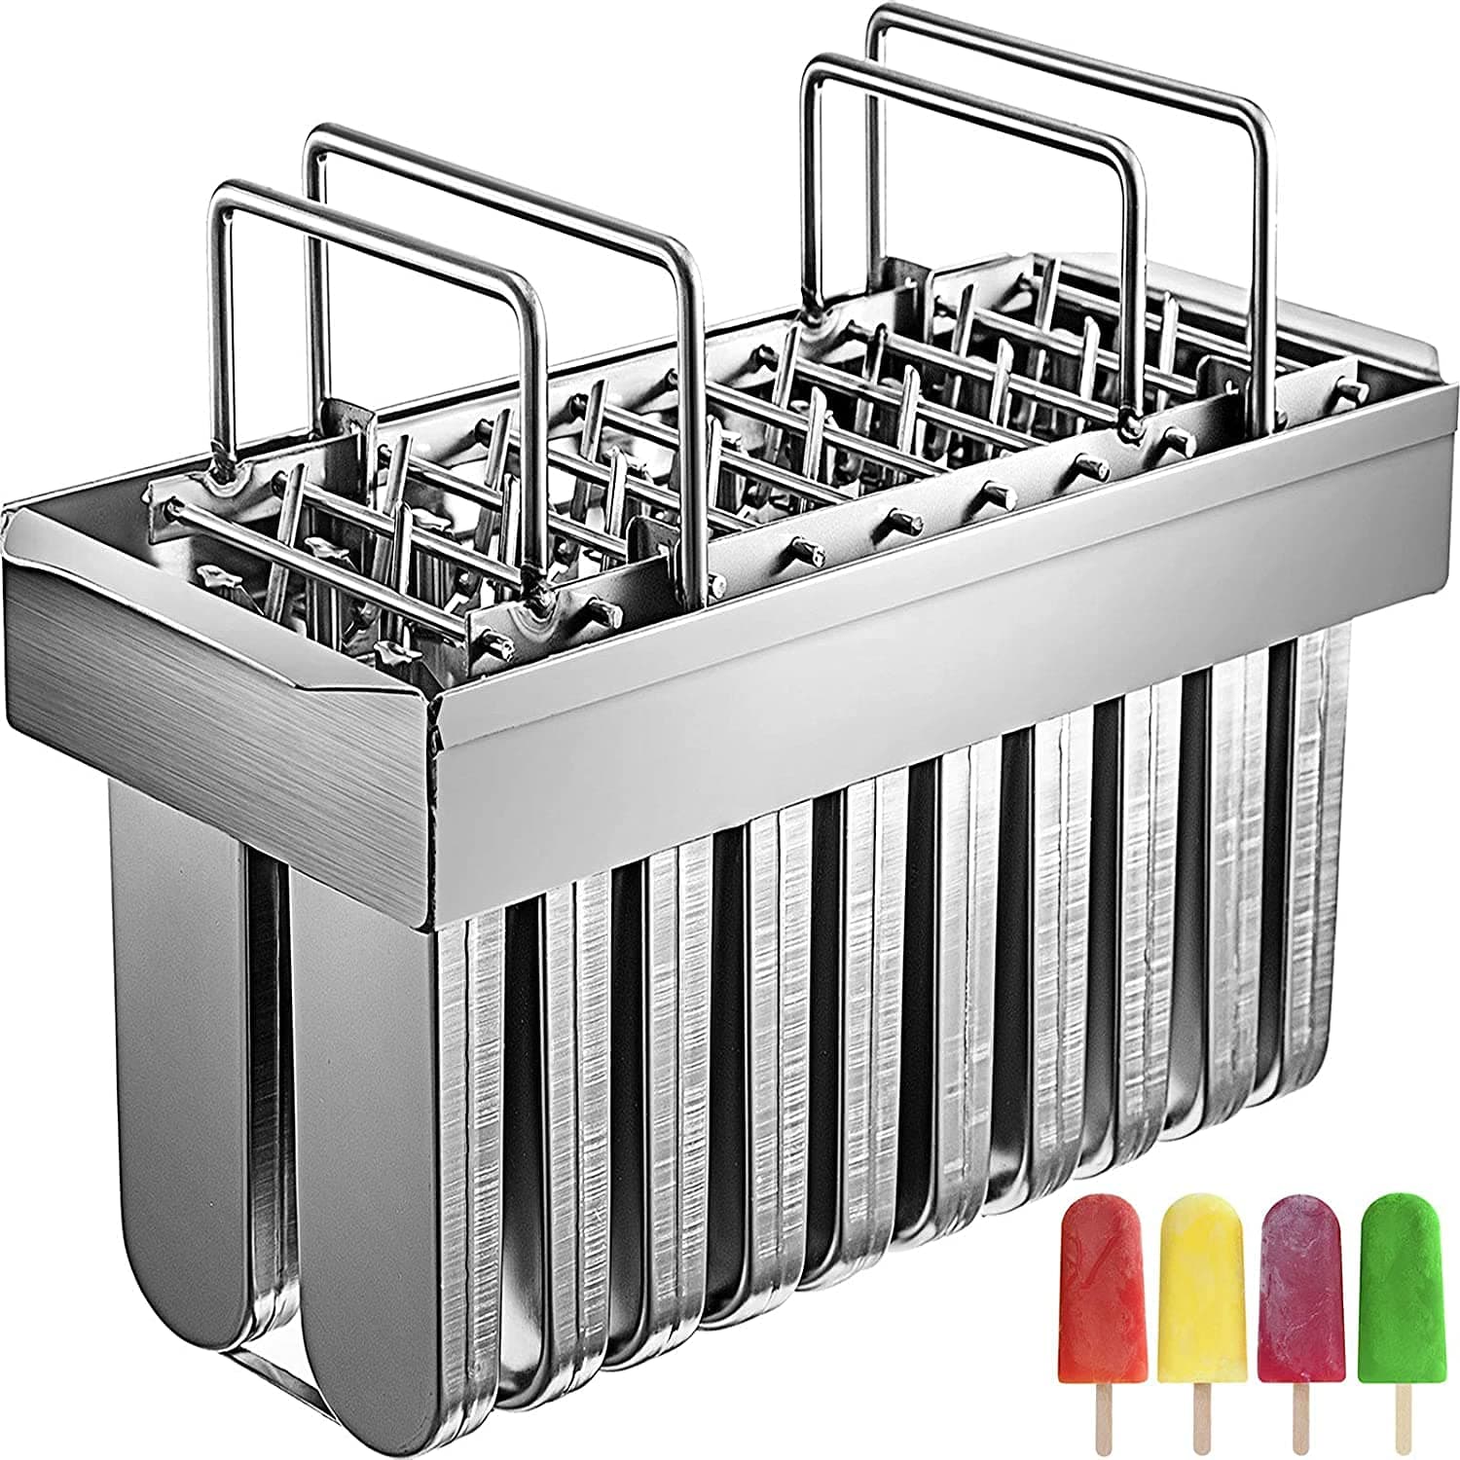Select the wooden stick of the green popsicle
pos(1401,1416)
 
